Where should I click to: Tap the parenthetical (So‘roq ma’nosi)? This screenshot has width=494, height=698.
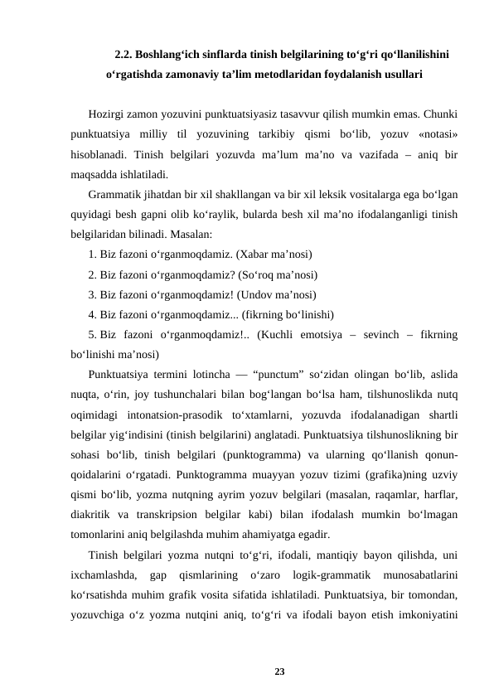278,274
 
